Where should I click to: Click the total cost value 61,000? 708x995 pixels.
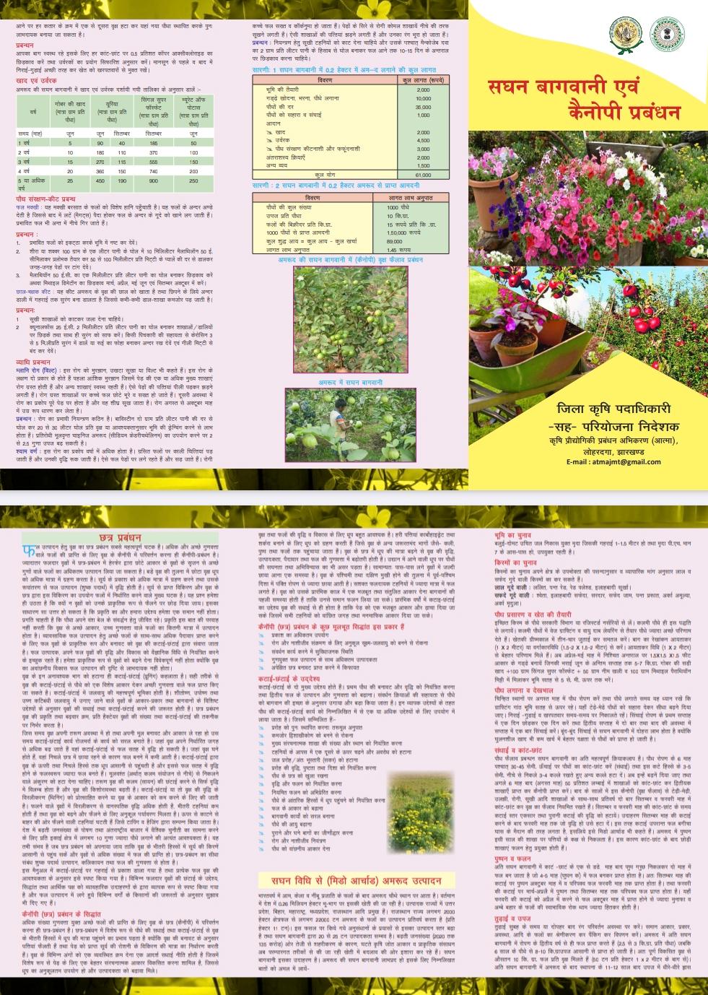point(423,175)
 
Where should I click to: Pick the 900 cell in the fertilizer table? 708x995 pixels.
point(154,181)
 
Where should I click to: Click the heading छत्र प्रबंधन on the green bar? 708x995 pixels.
point(119,538)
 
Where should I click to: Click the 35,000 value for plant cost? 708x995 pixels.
point(423,107)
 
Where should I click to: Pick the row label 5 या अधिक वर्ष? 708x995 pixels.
point(32,183)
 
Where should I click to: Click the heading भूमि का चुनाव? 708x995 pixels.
point(513,535)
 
